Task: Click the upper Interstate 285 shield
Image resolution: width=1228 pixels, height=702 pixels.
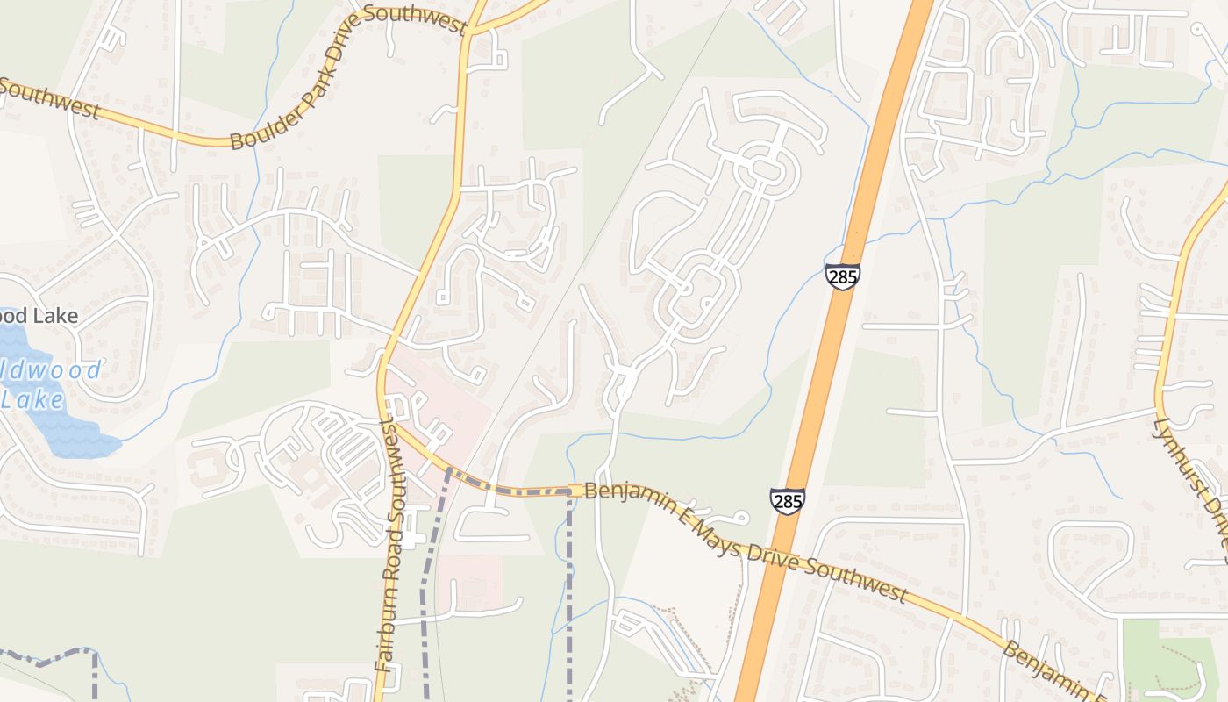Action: pyautogui.click(x=842, y=276)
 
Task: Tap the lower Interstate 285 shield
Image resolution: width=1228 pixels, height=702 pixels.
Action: pyautogui.click(x=787, y=501)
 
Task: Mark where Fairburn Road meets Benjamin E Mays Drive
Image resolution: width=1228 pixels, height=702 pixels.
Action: pyautogui.click(x=386, y=419)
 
